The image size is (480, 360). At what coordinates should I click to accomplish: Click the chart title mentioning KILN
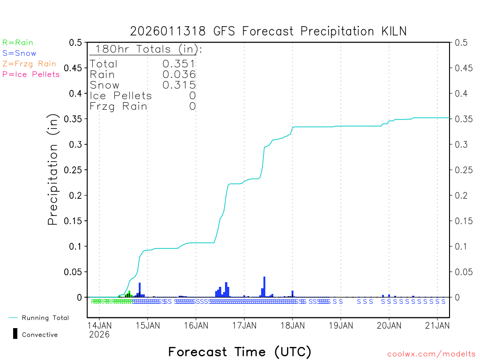tap(268, 31)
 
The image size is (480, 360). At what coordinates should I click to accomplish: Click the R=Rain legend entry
tap(18, 43)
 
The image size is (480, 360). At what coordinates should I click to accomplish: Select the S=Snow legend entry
tap(19, 53)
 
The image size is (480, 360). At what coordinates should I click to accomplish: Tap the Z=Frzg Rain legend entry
tap(29, 64)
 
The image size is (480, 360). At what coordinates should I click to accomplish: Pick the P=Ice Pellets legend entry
tap(31, 74)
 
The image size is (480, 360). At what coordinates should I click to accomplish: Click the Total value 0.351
tap(179, 64)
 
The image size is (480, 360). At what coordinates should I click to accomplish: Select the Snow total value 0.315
tap(179, 85)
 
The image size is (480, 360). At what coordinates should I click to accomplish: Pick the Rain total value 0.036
tap(179, 74)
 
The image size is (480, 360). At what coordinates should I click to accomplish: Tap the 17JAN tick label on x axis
tap(244, 325)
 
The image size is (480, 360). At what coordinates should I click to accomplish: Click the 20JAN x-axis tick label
tap(389, 325)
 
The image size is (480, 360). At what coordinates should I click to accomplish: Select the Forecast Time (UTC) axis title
tap(240, 352)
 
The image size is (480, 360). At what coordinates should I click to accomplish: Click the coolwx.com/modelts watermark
tap(431, 354)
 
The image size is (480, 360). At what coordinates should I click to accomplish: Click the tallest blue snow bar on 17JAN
tap(264, 287)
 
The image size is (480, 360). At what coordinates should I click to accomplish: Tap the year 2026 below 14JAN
tap(99, 335)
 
